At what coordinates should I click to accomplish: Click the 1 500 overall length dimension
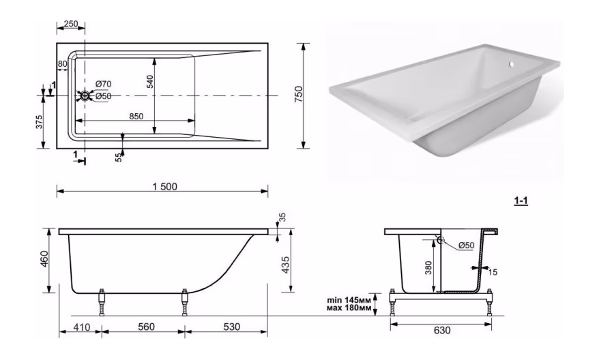[165, 186]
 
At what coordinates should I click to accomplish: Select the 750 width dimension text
[299, 94]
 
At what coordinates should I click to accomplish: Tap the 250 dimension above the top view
[71, 24]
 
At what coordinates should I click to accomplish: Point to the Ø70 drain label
[103, 84]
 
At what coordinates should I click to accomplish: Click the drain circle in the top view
[85, 96]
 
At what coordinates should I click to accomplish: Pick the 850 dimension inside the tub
[136, 116]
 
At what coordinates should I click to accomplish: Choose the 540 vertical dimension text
[149, 82]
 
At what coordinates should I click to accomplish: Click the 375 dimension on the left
[40, 122]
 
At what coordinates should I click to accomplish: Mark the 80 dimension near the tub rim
[62, 64]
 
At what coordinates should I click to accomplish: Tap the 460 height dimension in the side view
[45, 259]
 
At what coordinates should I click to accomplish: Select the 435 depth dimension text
[285, 265]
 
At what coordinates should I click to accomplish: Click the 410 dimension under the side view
[81, 327]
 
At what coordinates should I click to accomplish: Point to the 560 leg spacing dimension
[146, 327]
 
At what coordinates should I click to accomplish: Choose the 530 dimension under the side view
[231, 327]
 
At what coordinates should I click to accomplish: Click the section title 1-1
[521, 201]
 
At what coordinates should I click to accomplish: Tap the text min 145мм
[349, 300]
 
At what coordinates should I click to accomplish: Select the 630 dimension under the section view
[442, 330]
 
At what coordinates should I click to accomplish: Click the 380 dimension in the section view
[428, 268]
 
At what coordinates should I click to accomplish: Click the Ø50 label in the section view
[466, 245]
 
